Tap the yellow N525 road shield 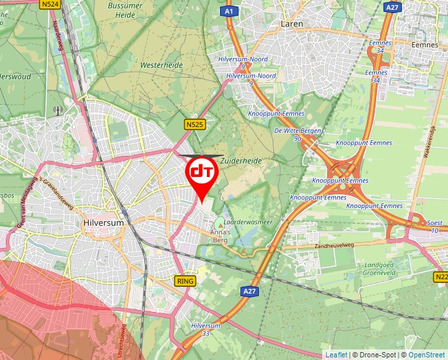pos(194,124)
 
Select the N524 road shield pos(50,5)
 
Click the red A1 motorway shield pos(228,11)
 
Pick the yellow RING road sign pos(186,281)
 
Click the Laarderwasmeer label pos(251,222)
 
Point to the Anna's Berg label pos(219,236)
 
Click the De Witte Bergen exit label pos(298,134)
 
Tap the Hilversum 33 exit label pos(206,329)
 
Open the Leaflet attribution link pos(336,355)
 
